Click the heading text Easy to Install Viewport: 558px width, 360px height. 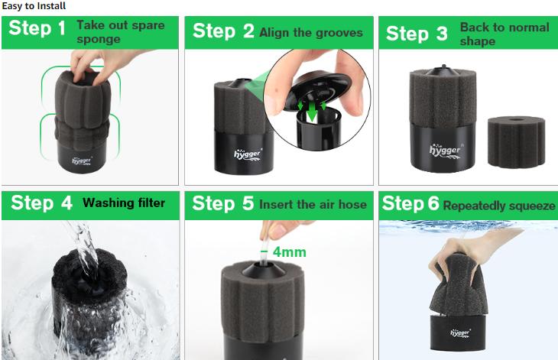34,6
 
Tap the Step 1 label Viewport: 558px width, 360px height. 37,31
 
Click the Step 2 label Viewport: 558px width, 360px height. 223,31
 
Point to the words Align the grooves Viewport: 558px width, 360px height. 310,33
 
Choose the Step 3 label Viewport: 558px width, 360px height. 417,34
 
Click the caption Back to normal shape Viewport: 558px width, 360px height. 504,34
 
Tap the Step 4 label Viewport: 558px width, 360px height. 42,203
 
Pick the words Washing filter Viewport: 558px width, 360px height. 123,203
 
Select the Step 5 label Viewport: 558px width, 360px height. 223,204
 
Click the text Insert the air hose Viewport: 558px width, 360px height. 313,205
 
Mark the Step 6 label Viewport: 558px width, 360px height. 410,204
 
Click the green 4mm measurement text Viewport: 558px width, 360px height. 288,251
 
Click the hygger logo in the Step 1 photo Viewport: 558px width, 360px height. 81,161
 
